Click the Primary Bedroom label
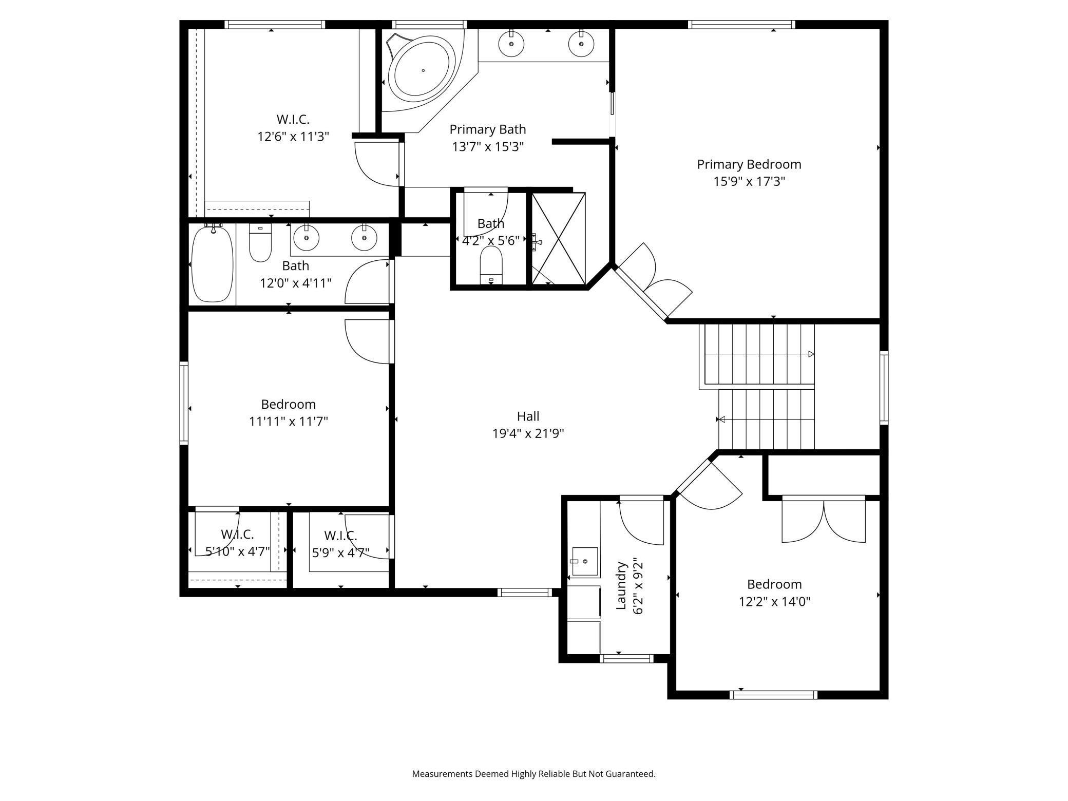click(749, 164)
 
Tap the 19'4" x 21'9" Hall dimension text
click(528, 433)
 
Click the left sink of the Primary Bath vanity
click(511, 44)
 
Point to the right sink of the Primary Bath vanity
click(581, 44)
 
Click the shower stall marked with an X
click(558, 238)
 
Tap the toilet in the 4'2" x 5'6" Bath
click(491, 265)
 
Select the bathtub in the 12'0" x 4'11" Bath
click(212, 263)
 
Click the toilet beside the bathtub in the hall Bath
click(260, 242)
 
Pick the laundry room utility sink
click(584, 562)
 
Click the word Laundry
click(621, 586)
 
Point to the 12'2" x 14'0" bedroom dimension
click(774, 601)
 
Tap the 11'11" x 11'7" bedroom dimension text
click(289, 422)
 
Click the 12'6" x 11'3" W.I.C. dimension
click(293, 137)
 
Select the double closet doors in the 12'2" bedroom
click(824, 520)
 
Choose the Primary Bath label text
click(488, 129)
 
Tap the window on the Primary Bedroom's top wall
click(741, 24)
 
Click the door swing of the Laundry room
click(641, 523)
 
